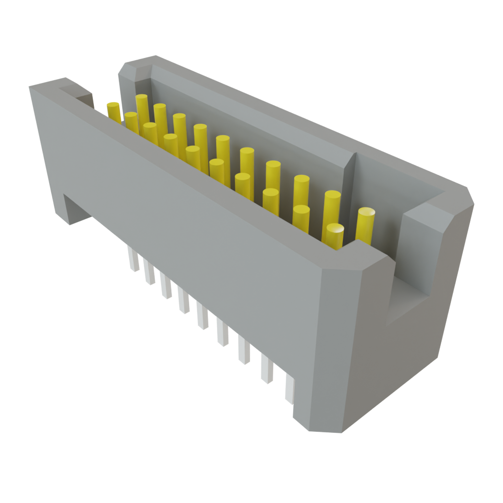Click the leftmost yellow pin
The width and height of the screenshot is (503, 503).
pyautogui.click(x=113, y=112)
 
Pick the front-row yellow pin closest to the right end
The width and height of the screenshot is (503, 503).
pyautogui.click(x=334, y=235)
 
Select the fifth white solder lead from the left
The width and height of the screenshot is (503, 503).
pyautogui.click(x=202, y=316)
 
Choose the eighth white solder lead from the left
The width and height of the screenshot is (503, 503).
pyautogui.click(x=267, y=370)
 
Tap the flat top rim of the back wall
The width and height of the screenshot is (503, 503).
pyautogui.click(x=295, y=118)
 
